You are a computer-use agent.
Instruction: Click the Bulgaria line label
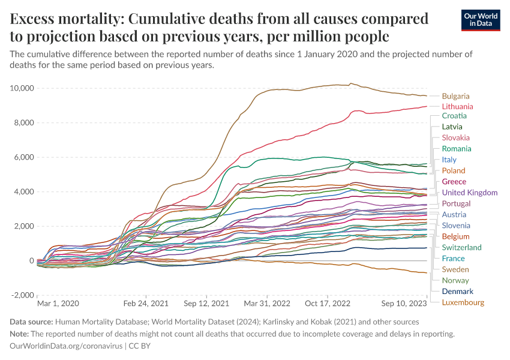(x=455, y=96)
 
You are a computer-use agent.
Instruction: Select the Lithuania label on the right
(x=457, y=106)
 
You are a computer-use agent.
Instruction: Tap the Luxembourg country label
(x=463, y=302)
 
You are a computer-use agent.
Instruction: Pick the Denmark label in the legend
(x=457, y=291)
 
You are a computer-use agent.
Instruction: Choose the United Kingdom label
(x=469, y=193)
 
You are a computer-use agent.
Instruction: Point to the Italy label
(x=449, y=160)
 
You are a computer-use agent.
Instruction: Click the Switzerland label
(x=461, y=247)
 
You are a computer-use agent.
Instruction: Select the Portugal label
(x=456, y=203)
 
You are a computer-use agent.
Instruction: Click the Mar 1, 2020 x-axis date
(x=58, y=304)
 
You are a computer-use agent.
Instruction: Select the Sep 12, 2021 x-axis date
(x=206, y=304)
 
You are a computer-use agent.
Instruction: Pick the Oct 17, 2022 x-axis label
(x=328, y=304)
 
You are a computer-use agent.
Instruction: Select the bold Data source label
(x=33, y=322)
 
